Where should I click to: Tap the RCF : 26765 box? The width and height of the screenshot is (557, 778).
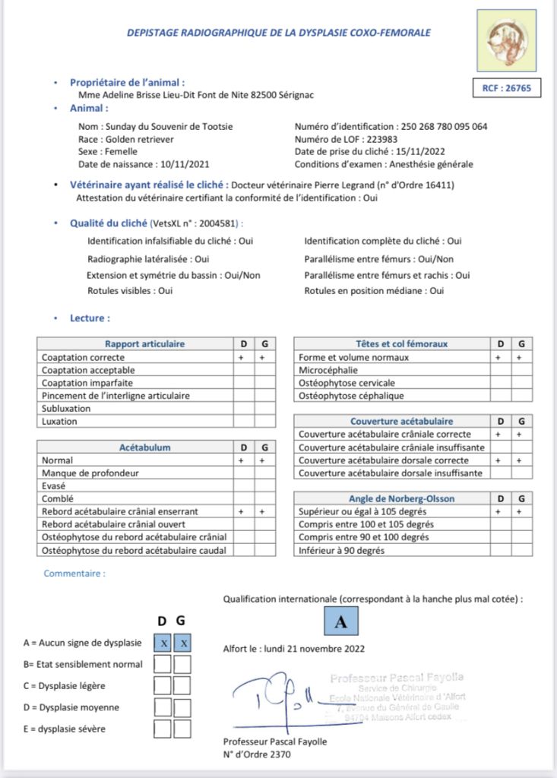506,88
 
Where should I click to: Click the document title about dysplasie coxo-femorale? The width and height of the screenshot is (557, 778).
278,33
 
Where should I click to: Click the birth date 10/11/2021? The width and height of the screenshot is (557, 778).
185,164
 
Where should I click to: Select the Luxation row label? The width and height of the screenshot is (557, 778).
59,421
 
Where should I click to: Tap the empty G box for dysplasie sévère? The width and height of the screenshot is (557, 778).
182,729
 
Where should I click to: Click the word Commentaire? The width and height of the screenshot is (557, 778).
74,574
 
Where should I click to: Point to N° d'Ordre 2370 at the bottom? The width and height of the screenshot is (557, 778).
257,754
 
